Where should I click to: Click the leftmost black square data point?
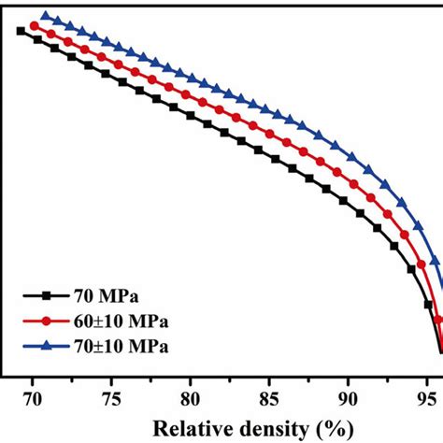pos(21,32)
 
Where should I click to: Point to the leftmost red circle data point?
pos(35,25)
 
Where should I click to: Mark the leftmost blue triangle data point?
pos(46,17)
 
